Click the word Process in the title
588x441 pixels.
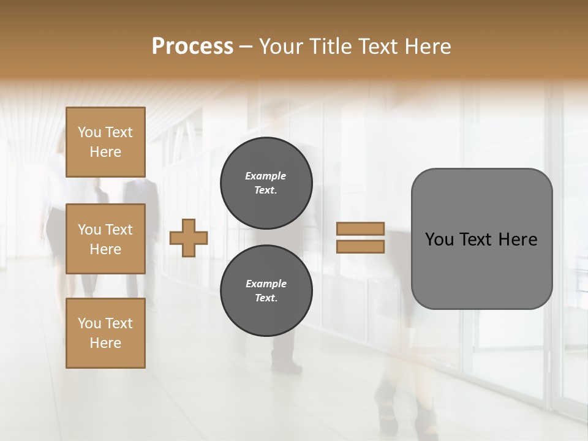click(192, 47)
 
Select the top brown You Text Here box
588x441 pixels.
click(105, 142)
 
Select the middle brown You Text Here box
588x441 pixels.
click(105, 239)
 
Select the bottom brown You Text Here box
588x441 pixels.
click(105, 333)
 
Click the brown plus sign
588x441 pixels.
click(189, 238)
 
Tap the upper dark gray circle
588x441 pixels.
click(266, 183)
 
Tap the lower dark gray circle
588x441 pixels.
click(266, 291)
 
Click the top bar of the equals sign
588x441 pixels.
click(361, 228)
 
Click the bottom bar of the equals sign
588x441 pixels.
click(361, 247)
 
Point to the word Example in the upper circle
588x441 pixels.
click(266, 176)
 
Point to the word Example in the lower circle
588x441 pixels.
click(266, 284)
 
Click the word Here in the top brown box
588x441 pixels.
click(105, 152)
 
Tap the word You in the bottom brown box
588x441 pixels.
click(89, 323)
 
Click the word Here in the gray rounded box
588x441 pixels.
click(518, 239)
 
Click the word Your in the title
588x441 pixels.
click(282, 47)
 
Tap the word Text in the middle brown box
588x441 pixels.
click(119, 230)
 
